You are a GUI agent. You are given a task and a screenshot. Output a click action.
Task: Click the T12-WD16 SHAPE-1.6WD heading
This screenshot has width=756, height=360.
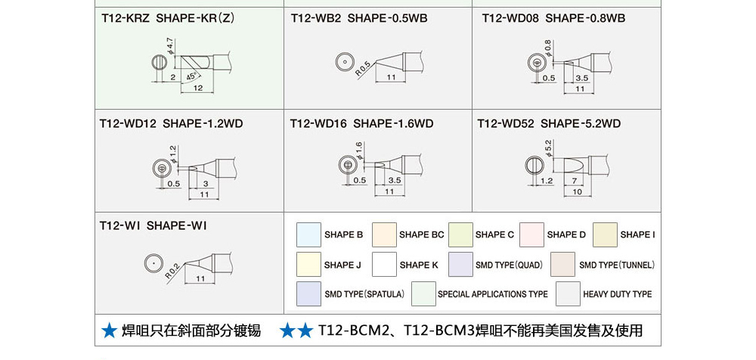coord(362,123)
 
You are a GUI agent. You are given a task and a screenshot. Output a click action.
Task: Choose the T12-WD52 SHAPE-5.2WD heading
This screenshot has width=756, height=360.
coord(549,123)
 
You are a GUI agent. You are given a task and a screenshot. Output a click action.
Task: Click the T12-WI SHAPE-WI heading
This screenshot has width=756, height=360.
coord(153,225)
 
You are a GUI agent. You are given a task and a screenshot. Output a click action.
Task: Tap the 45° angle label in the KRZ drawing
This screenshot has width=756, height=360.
coord(191,76)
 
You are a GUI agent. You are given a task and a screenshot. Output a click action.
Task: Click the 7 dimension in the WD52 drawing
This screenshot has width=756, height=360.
coord(575,182)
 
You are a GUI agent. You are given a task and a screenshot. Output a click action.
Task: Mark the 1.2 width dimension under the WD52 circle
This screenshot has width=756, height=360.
coord(547,182)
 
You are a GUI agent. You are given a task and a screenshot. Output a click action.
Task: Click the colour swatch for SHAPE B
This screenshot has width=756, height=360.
coord(308,235)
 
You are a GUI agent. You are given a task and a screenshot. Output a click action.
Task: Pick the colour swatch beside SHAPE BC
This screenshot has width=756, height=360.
coord(384,235)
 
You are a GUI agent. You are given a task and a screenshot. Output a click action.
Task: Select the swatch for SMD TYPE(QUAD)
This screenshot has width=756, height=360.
coord(460,265)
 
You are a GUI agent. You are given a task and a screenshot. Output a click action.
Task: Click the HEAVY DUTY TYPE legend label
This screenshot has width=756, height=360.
coord(617,294)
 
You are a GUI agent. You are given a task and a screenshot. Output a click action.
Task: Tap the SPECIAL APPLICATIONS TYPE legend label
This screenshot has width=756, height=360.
coord(493,294)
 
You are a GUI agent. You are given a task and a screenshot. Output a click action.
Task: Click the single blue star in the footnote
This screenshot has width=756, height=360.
coord(109,331)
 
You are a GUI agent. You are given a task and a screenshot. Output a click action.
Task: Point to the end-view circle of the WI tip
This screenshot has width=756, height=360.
coord(153,263)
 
